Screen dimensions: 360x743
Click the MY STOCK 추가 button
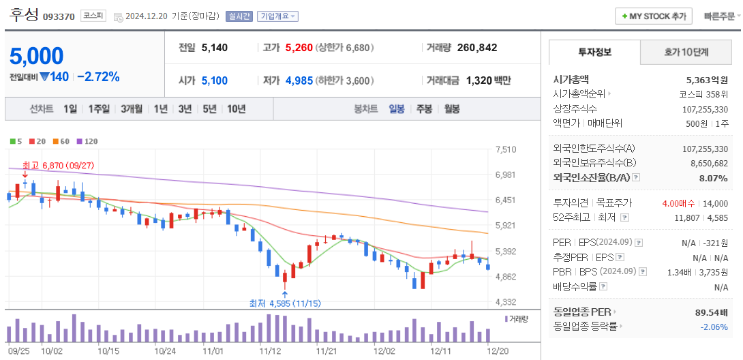pos(653,16)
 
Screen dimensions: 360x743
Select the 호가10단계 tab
pos(686,52)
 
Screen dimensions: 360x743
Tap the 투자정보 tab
pos(594,52)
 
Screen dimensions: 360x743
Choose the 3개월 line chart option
pos(132,108)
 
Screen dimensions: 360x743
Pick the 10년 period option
pos(236,108)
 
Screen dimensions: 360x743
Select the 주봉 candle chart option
pos(424,108)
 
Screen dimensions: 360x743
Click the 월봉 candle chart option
pos(451,108)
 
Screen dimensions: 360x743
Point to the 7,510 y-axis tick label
pos(506,149)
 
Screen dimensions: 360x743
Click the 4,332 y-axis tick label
pos(506,302)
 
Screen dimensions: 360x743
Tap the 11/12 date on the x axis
pos(271,350)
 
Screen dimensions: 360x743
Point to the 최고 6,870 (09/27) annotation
pos(58,165)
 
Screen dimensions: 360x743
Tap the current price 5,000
pos(37,56)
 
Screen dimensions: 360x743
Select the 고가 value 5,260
pos(299,48)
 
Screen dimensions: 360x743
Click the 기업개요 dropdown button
pos(277,16)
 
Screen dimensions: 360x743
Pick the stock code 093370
pos(59,16)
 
